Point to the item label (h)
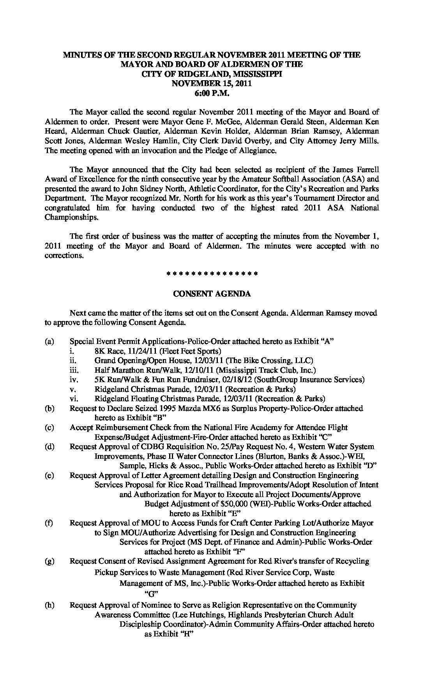(49, 605)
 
